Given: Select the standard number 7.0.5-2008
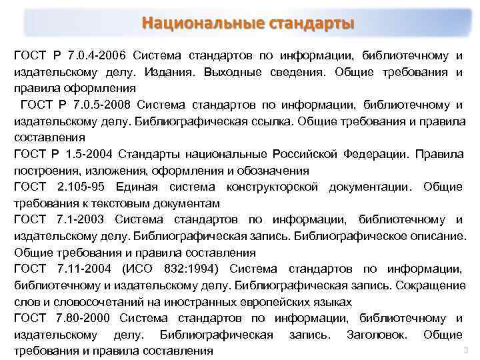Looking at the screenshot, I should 102,105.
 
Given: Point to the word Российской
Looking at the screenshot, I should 305,154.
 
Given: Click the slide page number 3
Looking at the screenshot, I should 465,350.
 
